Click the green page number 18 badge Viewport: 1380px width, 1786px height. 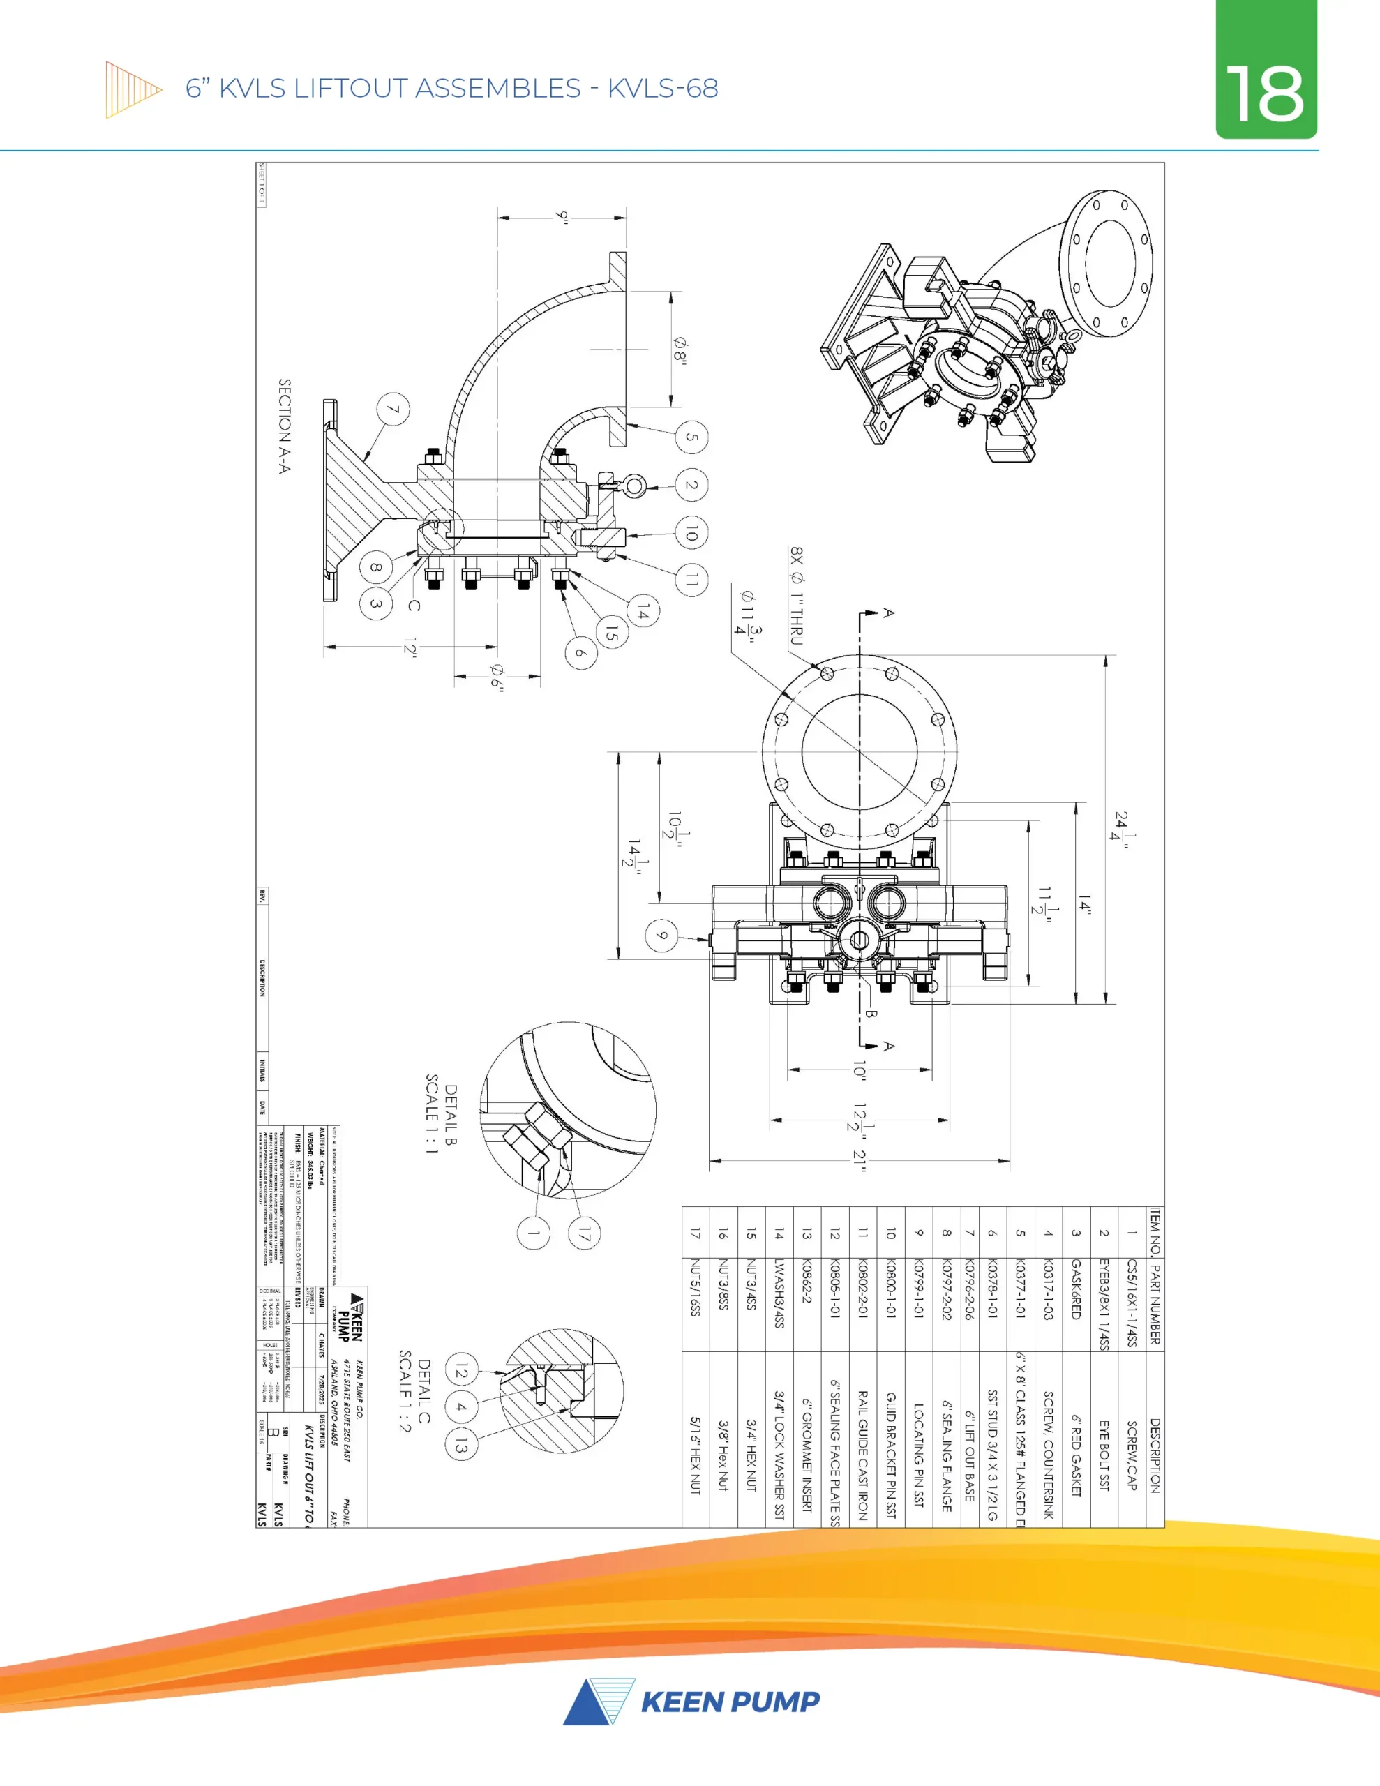[x=1266, y=70]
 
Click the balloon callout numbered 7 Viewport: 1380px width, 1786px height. [x=393, y=409]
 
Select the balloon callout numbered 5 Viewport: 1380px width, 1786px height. [x=691, y=437]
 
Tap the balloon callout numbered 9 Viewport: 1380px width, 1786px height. [x=662, y=936]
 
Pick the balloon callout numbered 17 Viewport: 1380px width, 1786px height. [x=583, y=1234]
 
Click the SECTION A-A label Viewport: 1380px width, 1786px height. [x=285, y=426]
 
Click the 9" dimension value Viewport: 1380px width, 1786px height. [x=562, y=218]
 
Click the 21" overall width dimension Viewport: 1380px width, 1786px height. [x=859, y=1160]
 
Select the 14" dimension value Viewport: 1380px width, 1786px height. [x=1085, y=903]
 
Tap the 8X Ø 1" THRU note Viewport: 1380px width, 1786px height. [x=797, y=596]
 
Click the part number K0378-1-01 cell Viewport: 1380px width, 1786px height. [x=992, y=1287]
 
